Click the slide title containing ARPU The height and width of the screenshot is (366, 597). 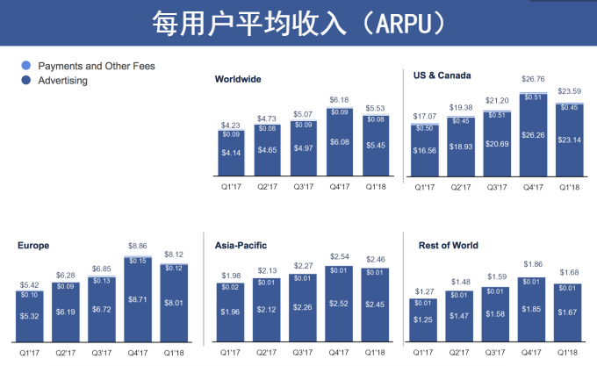298,22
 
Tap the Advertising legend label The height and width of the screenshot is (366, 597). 63,81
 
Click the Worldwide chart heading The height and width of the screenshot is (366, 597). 238,79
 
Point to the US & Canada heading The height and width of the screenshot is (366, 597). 442,75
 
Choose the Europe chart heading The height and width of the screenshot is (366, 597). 33,246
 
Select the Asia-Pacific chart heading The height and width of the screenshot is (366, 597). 241,246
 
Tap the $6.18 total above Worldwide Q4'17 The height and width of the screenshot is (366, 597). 338,101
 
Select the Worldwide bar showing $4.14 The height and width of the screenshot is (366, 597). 230,154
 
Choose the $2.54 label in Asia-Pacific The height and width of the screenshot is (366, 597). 338,256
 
